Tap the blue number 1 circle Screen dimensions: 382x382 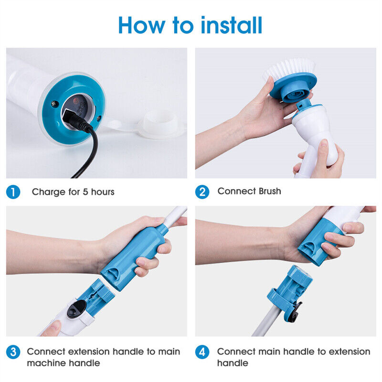click(13, 192)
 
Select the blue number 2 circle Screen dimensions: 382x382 click(202, 192)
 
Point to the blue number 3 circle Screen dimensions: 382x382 click(13, 352)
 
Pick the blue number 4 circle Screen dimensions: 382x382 click(202, 352)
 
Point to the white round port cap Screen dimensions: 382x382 click(160, 124)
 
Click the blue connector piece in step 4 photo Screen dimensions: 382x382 click(290, 289)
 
